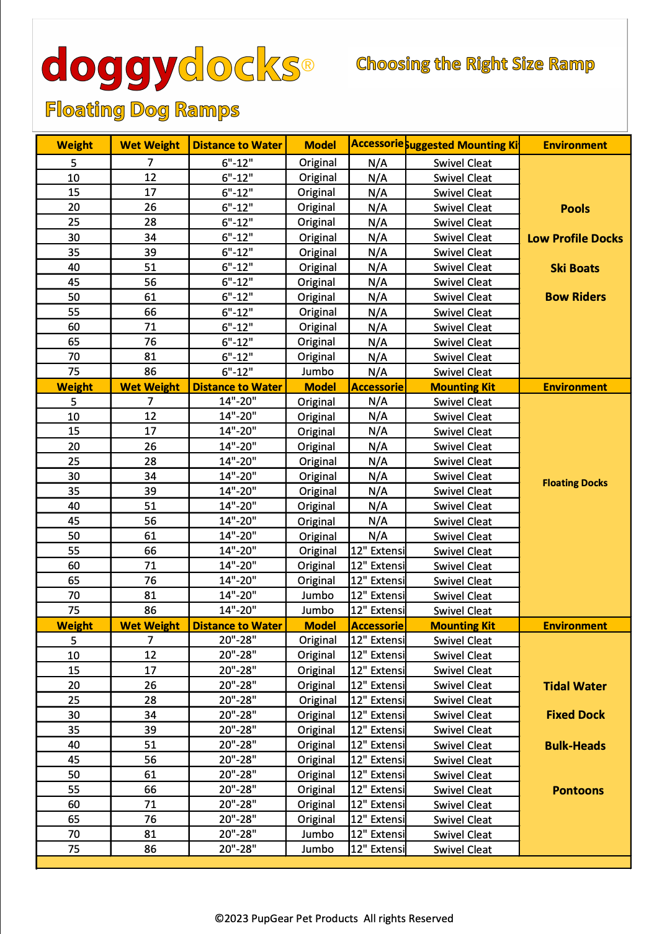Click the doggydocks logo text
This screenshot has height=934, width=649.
171,66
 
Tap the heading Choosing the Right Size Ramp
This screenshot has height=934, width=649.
475,64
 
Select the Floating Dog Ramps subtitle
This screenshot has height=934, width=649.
142,110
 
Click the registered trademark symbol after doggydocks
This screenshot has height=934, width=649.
308,64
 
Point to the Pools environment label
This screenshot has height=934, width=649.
575,208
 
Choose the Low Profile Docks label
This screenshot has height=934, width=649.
575,238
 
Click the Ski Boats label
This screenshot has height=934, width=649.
575,268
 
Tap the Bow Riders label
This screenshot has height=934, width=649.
575,296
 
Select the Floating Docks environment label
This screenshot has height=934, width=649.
575,483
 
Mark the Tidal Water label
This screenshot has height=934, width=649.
575,686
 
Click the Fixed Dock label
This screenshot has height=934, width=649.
575,714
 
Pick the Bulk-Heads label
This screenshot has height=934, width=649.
575,745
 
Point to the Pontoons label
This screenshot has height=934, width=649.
578,790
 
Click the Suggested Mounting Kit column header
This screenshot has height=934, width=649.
462,145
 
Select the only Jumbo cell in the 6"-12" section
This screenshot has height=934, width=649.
317,371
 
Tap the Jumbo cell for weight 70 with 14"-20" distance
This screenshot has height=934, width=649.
317,595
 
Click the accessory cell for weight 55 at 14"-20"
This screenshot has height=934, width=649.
377,551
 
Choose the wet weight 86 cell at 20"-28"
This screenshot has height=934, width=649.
150,848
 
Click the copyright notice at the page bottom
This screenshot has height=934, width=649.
334,918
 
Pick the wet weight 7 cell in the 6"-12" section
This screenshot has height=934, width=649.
150,162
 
